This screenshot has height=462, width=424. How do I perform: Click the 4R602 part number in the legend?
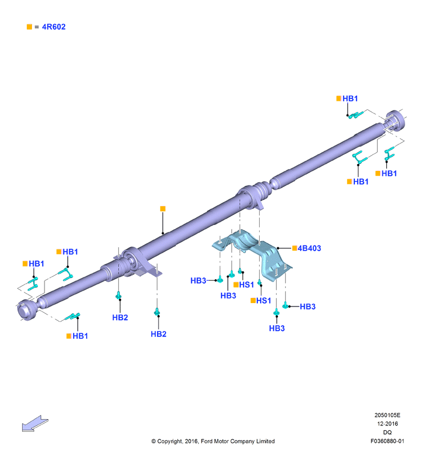[54, 27]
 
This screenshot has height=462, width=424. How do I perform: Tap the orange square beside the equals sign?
[29, 27]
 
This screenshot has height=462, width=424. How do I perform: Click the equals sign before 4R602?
[37, 27]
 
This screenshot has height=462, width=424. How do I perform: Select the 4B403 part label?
[309, 248]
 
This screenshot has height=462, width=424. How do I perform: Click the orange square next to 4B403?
[294, 248]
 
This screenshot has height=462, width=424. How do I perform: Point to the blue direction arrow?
[35, 424]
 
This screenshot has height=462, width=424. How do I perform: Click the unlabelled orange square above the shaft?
[163, 208]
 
